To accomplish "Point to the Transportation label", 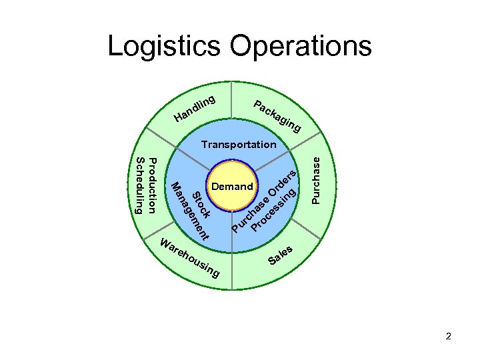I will point(239,144).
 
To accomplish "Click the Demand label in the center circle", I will point(232,187).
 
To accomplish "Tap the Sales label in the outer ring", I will point(281,254).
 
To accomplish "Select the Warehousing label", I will point(189,258).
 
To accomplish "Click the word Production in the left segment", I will point(153,186).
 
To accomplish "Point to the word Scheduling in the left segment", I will point(139,186).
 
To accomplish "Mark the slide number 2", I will point(449,336).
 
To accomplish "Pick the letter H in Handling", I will point(178,119).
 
